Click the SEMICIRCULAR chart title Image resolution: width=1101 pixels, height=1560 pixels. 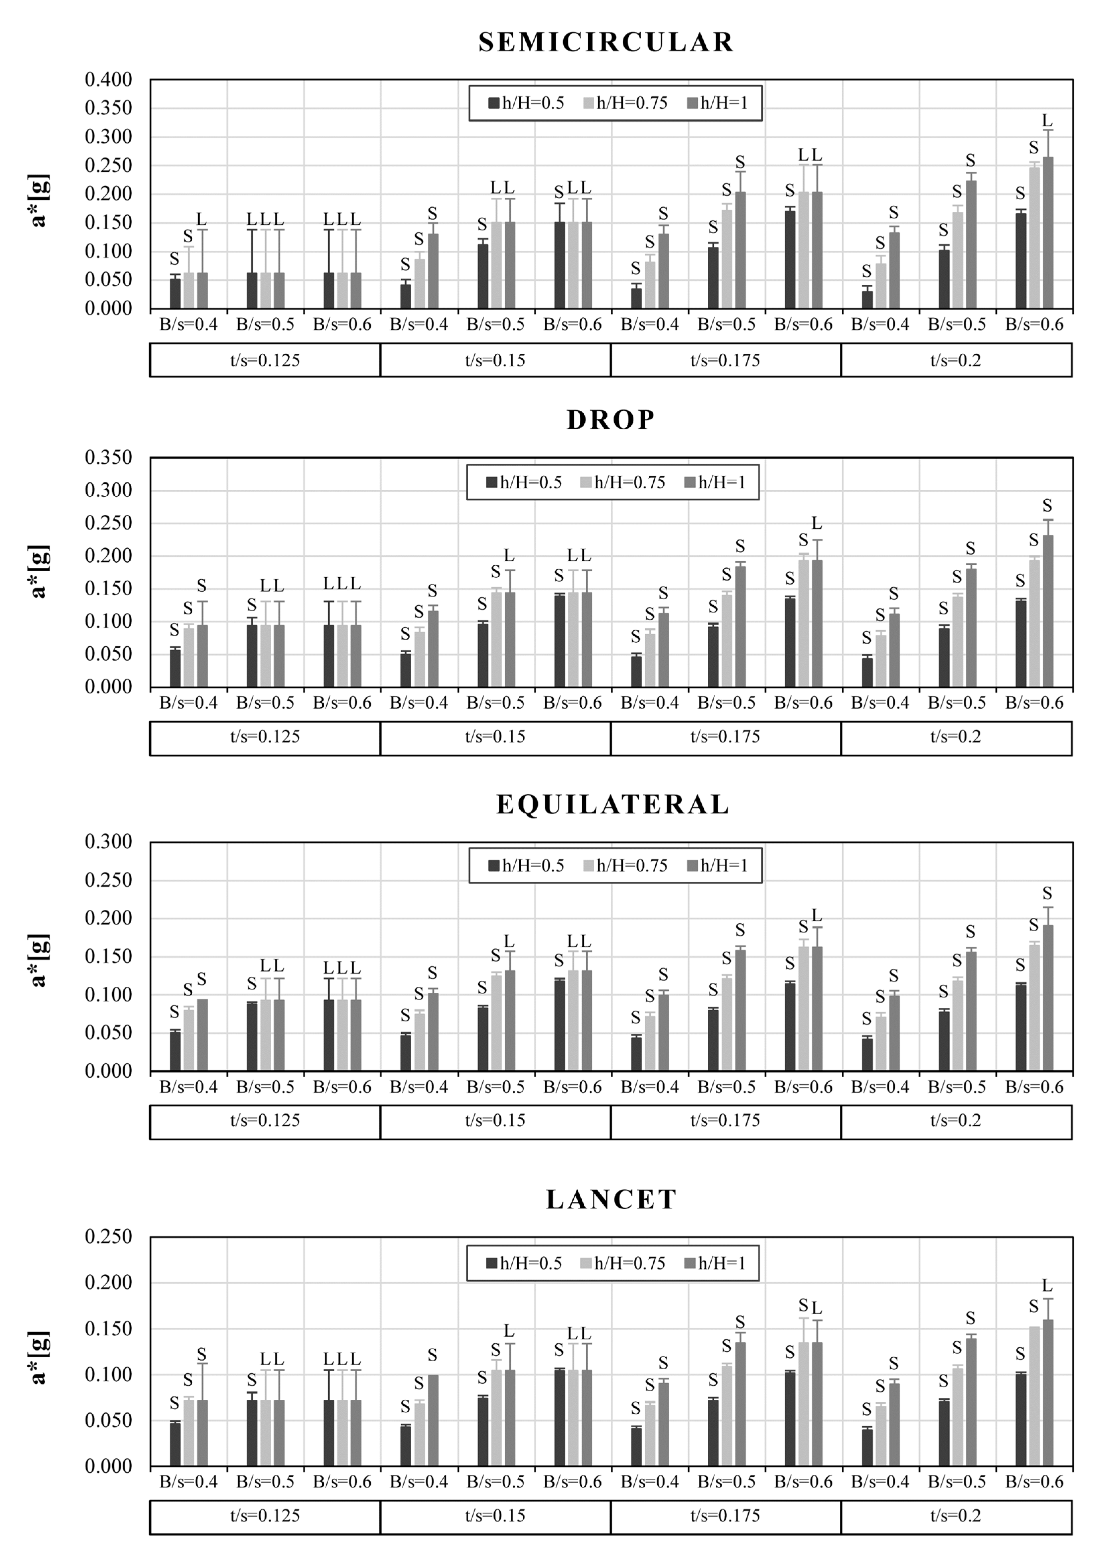pos(606,42)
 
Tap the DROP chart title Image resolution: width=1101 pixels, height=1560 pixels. pos(611,420)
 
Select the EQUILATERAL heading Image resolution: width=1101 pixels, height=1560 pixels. pos(613,805)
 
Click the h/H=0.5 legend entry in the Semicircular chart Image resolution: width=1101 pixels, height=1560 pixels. pos(526,103)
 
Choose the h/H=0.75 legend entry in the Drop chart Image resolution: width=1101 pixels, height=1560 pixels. pos(623,482)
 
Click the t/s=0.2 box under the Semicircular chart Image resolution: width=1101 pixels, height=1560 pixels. pos(956,360)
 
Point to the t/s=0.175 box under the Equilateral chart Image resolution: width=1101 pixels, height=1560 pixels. pos(725,1120)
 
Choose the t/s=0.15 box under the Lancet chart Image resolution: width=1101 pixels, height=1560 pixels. pos(495,1516)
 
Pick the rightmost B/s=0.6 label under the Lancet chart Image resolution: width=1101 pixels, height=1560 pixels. pos(1034,1482)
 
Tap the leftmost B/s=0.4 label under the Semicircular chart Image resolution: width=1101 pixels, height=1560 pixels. pos(188,325)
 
